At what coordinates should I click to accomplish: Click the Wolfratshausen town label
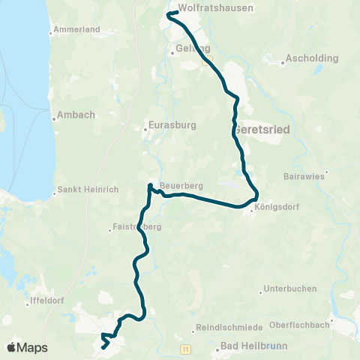click(215, 8)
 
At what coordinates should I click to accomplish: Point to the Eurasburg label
click(168, 127)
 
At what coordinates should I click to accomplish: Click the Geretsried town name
click(262, 129)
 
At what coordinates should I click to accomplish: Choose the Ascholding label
click(312, 58)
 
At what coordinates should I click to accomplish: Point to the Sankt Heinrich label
click(88, 190)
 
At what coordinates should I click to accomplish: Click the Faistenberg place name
click(136, 225)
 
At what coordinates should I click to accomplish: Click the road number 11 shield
click(184, 349)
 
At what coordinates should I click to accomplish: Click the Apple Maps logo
click(28, 347)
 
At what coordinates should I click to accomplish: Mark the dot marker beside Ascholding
click(283, 63)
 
